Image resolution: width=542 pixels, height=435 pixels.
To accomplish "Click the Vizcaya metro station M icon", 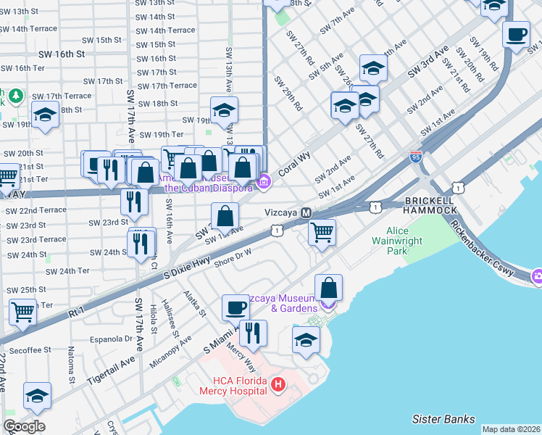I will click(307, 213).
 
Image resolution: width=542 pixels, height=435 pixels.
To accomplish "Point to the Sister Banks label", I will click(443, 419).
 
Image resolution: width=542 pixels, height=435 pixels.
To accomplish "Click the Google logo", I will click(24, 426).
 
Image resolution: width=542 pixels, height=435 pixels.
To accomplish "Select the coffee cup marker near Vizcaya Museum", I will click(235, 307).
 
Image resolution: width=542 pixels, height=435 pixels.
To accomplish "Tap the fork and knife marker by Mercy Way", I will click(253, 332).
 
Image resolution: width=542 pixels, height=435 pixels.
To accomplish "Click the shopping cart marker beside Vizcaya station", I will click(322, 232).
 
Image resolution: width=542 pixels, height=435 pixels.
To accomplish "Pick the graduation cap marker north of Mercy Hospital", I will click(306, 339).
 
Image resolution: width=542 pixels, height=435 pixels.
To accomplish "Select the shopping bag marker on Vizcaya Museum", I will click(328, 287).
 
